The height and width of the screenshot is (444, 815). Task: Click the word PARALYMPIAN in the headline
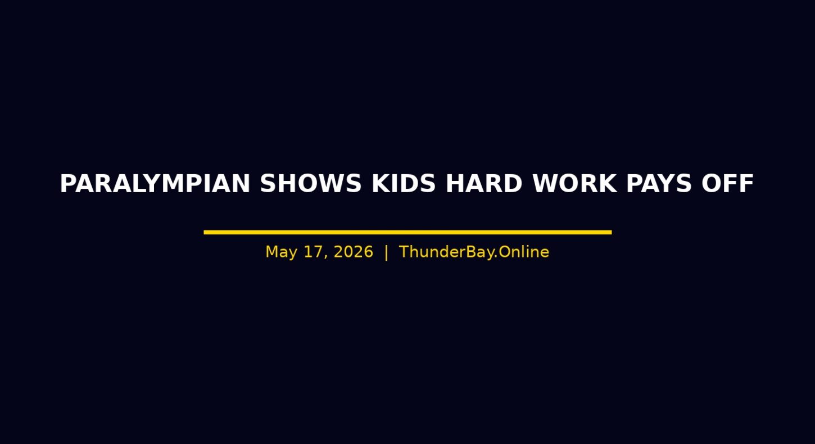pos(155,183)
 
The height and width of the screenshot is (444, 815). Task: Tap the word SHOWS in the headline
pos(311,183)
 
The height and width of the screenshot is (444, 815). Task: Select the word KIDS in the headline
pos(404,183)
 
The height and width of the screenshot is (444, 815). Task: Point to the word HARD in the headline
pos(484,183)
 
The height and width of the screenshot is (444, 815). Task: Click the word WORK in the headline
pos(574,183)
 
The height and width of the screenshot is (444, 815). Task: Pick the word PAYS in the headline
pos(659,183)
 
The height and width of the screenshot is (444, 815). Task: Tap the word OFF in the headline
pos(727,183)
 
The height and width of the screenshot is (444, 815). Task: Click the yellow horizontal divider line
pos(407,232)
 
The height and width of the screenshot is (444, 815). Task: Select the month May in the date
pos(281,252)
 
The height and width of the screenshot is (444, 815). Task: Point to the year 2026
pos(354,252)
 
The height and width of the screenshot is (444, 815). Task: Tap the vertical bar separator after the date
pos(386,252)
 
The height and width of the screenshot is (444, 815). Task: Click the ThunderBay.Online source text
pos(474,252)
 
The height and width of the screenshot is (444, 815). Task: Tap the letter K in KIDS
pos(380,183)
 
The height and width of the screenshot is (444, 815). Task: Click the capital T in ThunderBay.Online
pos(404,252)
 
